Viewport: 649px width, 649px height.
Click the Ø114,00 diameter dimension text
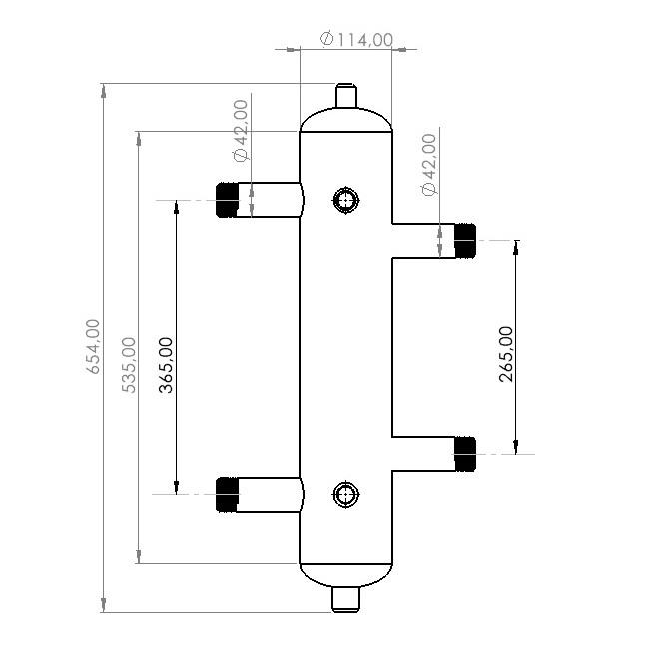(x=356, y=40)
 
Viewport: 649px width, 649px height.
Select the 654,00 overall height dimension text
(x=93, y=345)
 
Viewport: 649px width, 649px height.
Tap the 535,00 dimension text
(x=129, y=364)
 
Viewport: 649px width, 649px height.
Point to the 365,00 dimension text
(x=165, y=364)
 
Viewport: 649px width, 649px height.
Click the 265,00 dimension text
(x=505, y=354)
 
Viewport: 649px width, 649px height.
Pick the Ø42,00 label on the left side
(x=241, y=130)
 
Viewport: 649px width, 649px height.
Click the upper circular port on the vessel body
(x=345, y=201)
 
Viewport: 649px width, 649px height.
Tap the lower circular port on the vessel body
(x=345, y=494)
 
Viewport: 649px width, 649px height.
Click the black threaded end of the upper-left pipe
(x=228, y=200)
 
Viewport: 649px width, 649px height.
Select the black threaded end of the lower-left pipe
(x=228, y=495)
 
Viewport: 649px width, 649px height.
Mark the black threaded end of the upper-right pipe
(x=464, y=240)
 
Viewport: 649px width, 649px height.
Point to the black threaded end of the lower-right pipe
(x=464, y=454)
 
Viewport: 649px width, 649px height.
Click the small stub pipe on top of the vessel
(x=345, y=96)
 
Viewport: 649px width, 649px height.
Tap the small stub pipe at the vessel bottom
(x=345, y=599)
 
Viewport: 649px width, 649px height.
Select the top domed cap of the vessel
(x=345, y=119)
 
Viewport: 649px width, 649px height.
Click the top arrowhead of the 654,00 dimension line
(x=103, y=91)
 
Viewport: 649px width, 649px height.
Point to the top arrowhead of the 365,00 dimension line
(x=177, y=208)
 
